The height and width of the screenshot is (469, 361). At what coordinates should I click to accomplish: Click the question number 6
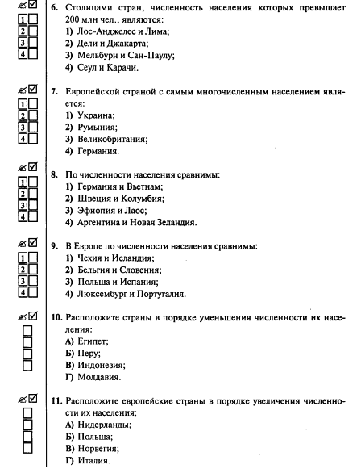[55, 7]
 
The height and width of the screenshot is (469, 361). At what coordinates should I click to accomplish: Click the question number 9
[54, 245]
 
